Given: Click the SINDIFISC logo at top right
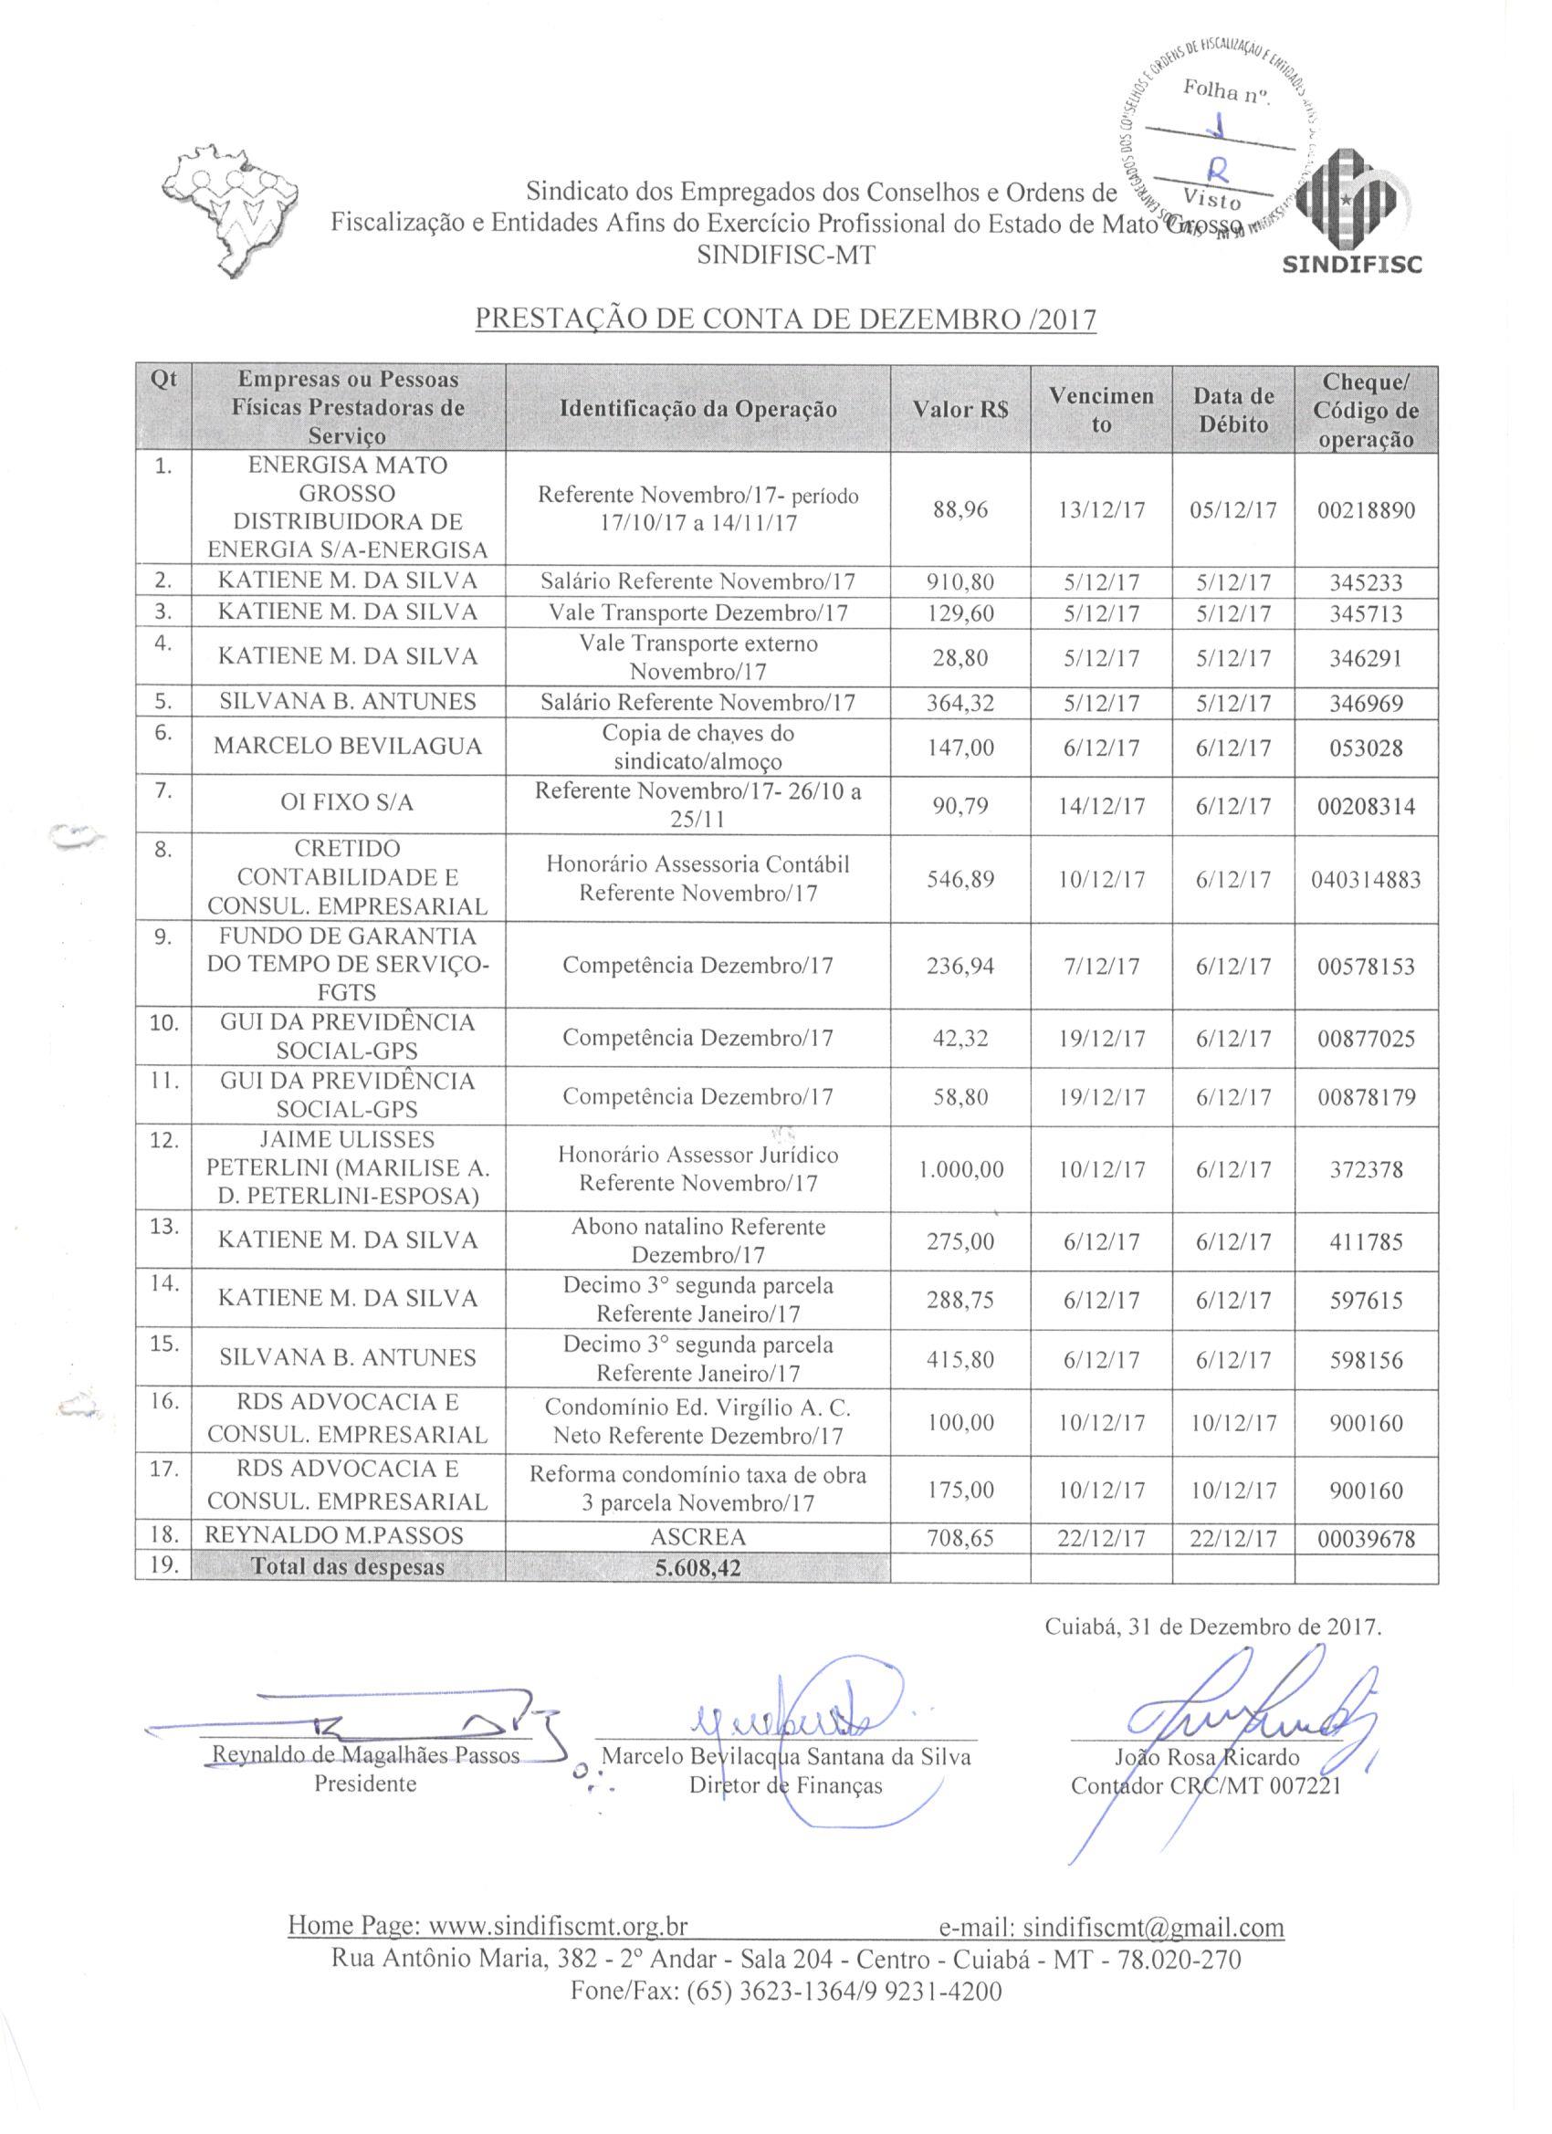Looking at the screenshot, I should pyautogui.click(x=1351, y=212).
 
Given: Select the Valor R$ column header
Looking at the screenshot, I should pyautogui.click(x=960, y=409).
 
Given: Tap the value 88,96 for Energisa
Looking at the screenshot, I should pyautogui.click(x=960, y=510).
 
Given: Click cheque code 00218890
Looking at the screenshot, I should pyautogui.click(x=1366, y=511).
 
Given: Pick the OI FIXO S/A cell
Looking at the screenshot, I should pyautogui.click(x=347, y=804).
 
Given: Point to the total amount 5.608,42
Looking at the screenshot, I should pyautogui.click(x=697, y=1567).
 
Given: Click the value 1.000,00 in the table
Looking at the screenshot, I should pyautogui.click(x=960, y=1169).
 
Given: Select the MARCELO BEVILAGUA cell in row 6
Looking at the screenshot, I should pyautogui.click(x=347, y=748).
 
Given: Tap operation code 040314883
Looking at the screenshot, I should pyautogui.click(x=1366, y=880).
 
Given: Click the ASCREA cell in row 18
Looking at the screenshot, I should pyautogui.click(x=697, y=1537).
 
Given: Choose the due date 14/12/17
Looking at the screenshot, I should pyautogui.click(x=1101, y=806).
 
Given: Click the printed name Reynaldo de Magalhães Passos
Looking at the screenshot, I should pyautogui.click(x=366, y=1757).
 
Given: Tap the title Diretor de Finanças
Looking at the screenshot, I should pyautogui.click(x=785, y=1785).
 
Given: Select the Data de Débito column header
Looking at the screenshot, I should pyautogui.click(x=1233, y=409).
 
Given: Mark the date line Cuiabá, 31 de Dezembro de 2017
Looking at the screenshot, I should pyautogui.click(x=1213, y=1627).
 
